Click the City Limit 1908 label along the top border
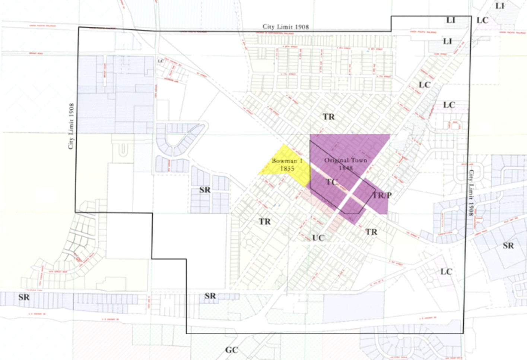(x=286, y=27)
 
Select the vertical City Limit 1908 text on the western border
(x=71, y=126)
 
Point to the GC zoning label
(x=231, y=350)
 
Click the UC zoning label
(x=318, y=238)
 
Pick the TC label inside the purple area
(x=331, y=182)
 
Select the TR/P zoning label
(x=382, y=195)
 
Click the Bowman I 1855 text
(x=287, y=165)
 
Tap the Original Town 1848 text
(x=346, y=164)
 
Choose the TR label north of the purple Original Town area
(x=328, y=117)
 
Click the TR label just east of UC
(x=371, y=232)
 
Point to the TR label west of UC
(x=265, y=222)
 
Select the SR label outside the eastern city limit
(x=508, y=246)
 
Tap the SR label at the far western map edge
(x=24, y=297)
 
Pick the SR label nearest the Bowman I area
(x=205, y=190)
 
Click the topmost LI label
(x=500, y=6)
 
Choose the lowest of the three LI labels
(x=447, y=41)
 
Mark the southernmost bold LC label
(x=446, y=272)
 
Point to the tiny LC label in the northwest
(x=161, y=61)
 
